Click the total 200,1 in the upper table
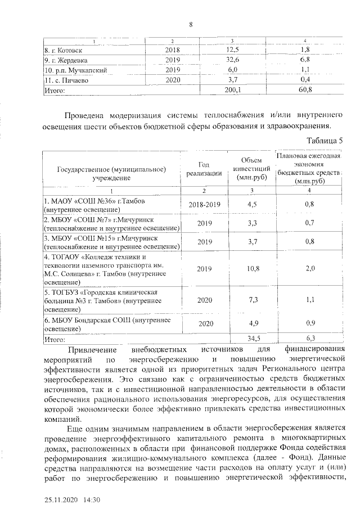pyautogui.click(x=232, y=89)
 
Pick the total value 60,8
pyautogui.click(x=305, y=89)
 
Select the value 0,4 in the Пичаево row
pyautogui.click(x=305, y=80)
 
